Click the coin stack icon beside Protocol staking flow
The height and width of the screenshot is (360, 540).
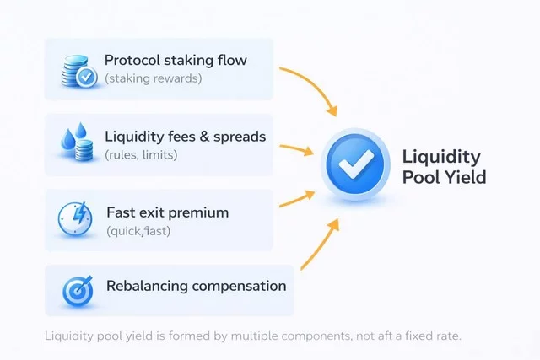(x=77, y=70)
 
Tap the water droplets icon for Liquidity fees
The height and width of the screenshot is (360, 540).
(x=77, y=144)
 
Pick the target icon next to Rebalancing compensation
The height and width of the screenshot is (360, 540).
(x=77, y=288)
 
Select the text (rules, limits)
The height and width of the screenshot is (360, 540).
(x=141, y=154)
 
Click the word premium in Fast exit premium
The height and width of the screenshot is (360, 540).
(x=199, y=212)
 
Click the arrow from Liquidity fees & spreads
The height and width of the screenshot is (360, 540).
(x=300, y=150)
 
